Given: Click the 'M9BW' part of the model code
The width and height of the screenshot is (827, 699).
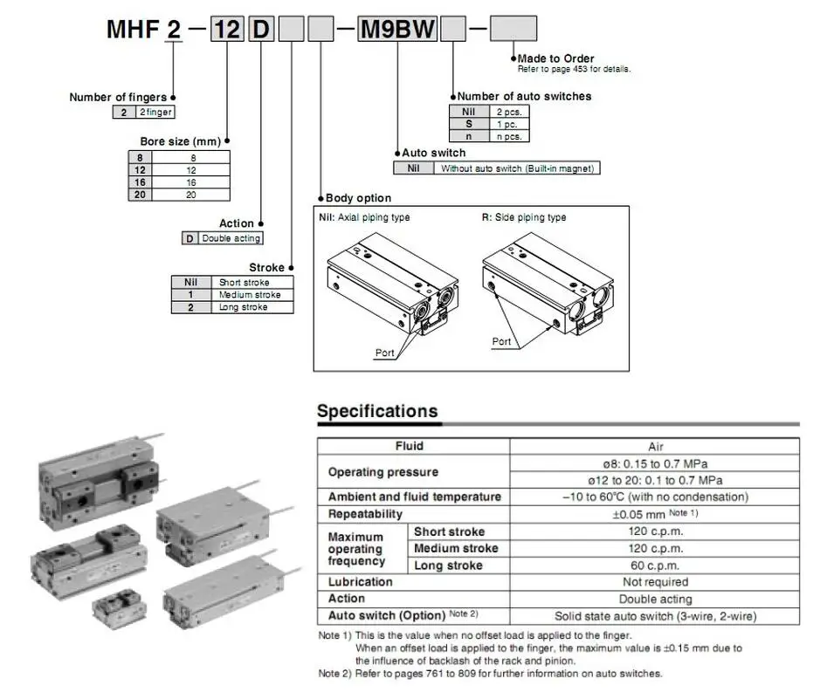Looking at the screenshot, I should click(x=398, y=31).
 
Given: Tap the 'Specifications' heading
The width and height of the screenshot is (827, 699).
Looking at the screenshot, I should click(x=377, y=411).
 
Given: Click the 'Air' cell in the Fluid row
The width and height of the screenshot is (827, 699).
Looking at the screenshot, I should click(x=655, y=446).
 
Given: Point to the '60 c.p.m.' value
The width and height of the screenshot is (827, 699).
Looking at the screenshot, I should click(x=655, y=565).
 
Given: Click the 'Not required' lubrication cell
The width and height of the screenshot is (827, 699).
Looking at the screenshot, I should click(x=655, y=582).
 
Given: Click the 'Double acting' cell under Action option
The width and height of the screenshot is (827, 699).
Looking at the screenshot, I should click(x=230, y=238).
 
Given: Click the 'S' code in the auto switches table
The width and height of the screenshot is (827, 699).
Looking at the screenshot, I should click(x=468, y=123).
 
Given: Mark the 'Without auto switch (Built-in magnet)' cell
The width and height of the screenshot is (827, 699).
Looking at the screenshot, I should click(x=518, y=168).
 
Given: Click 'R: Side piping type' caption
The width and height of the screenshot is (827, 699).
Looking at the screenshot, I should click(x=524, y=218).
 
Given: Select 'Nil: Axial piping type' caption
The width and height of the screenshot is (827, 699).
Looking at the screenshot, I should click(x=366, y=218).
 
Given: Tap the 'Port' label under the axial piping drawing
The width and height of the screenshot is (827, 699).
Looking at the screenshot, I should click(x=384, y=353).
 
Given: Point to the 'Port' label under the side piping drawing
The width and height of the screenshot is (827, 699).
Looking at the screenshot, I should click(x=501, y=341).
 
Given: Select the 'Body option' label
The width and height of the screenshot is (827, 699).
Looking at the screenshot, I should click(x=358, y=198).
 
